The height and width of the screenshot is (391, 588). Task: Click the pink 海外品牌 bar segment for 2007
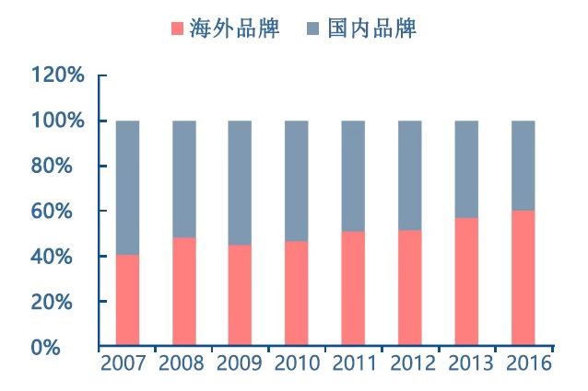pyautogui.click(x=127, y=300)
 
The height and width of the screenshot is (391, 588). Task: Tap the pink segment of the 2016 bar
pyautogui.click(x=523, y=278)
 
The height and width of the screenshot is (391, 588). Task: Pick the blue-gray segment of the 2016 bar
pyautogui.click(x=523, y=166)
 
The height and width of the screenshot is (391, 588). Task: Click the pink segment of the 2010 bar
pyautogui.click(x=297, y=293)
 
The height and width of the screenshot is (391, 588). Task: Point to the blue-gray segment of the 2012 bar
pyautogui.click(x=410, y=175)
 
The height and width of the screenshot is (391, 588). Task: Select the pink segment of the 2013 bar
pyautogui.click(x=466, y=282)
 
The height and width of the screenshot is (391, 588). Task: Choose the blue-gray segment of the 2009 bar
pyautogui.click(x=240, y=182)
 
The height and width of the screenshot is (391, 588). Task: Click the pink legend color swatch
pyautogui.click(x=177, y=29)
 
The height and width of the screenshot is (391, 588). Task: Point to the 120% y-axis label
pyautogui.click(x=57, y=75)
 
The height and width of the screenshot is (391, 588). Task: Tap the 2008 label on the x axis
pyautogui.click(x=182, y=362)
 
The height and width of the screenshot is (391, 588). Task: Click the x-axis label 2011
pyautogui.click(x=355, y=362)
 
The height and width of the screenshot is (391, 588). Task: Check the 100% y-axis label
pyautogui.click(x=57, y=121)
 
